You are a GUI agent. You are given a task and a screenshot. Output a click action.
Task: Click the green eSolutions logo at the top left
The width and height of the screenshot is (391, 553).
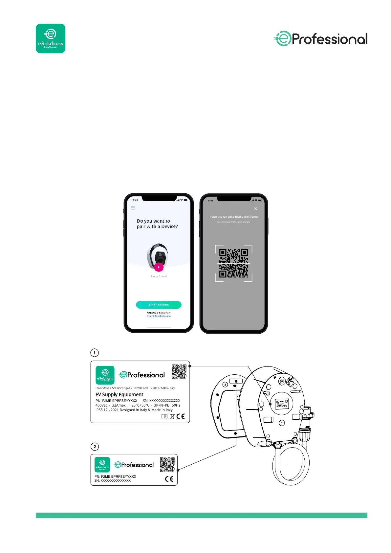click(x=50, y=38)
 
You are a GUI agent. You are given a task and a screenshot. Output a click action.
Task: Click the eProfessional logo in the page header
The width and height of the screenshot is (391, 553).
click(x=320, y=39)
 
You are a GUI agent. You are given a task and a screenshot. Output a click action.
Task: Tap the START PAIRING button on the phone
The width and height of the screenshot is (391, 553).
click(x=159, y=305)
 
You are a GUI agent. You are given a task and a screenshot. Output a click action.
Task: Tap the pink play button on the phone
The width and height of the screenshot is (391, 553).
click(x=159, y=267)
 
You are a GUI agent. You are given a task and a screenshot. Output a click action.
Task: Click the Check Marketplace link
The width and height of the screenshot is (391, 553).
click(x=159, y=316)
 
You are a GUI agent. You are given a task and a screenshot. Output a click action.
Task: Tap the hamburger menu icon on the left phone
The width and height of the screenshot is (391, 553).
click(x=133, y=208)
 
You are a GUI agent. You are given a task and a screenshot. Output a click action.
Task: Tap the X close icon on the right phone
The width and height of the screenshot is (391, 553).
click(x=255, y=209)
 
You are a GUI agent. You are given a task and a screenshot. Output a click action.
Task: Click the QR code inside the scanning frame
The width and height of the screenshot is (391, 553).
click(x=233, y=263)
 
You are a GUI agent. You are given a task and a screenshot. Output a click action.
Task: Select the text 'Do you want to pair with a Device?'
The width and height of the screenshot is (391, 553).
click(x=157, y=224)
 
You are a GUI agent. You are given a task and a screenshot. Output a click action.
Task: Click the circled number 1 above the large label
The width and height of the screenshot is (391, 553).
click(x=95, y=353)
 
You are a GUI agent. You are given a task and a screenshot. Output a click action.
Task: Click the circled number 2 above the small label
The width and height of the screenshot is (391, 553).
click(x=95, y=447)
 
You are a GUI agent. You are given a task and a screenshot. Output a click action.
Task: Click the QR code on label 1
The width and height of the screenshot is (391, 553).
click(x=179, y=371)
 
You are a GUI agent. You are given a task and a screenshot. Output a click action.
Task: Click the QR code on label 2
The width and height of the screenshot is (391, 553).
click(x=167, y=464)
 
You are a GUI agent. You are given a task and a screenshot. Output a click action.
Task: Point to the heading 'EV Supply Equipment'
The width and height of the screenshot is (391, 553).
click(x=119, y=394)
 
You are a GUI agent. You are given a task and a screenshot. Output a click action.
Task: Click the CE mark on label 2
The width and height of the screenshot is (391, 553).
click(x=169, y=479)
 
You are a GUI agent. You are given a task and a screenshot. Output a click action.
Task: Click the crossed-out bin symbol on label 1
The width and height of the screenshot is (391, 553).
click(x=172, y=416)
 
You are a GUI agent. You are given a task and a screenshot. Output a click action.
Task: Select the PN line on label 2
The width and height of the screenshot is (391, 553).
click(x=115, y=476)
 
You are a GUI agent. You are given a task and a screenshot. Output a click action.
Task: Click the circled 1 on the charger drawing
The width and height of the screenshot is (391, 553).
click(x=282, y=423)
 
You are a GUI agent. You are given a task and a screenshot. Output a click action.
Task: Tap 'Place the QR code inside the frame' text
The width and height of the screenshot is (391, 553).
click(x=233, y=217)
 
